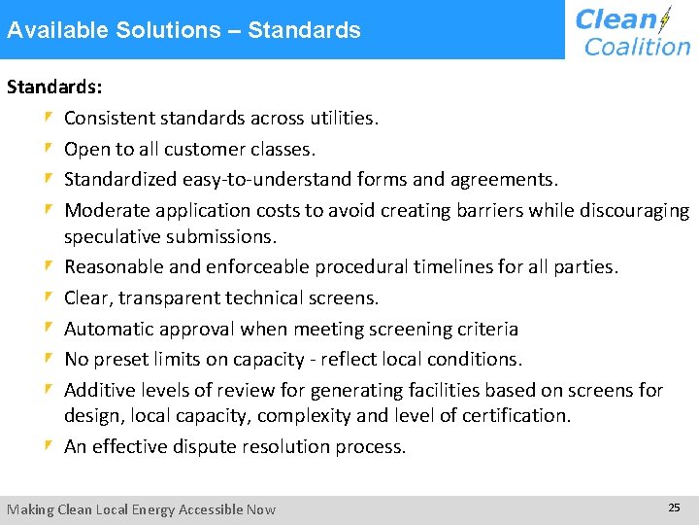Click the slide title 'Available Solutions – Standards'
point(183,30)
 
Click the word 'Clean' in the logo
point(616,19)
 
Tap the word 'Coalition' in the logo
point(637,46)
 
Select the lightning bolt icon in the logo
point(665,19)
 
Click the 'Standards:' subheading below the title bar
point(54,87)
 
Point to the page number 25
point(674,507)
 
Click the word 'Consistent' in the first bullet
point(107,119)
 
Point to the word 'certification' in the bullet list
point(515,415)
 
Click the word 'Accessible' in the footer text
point(198,509)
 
